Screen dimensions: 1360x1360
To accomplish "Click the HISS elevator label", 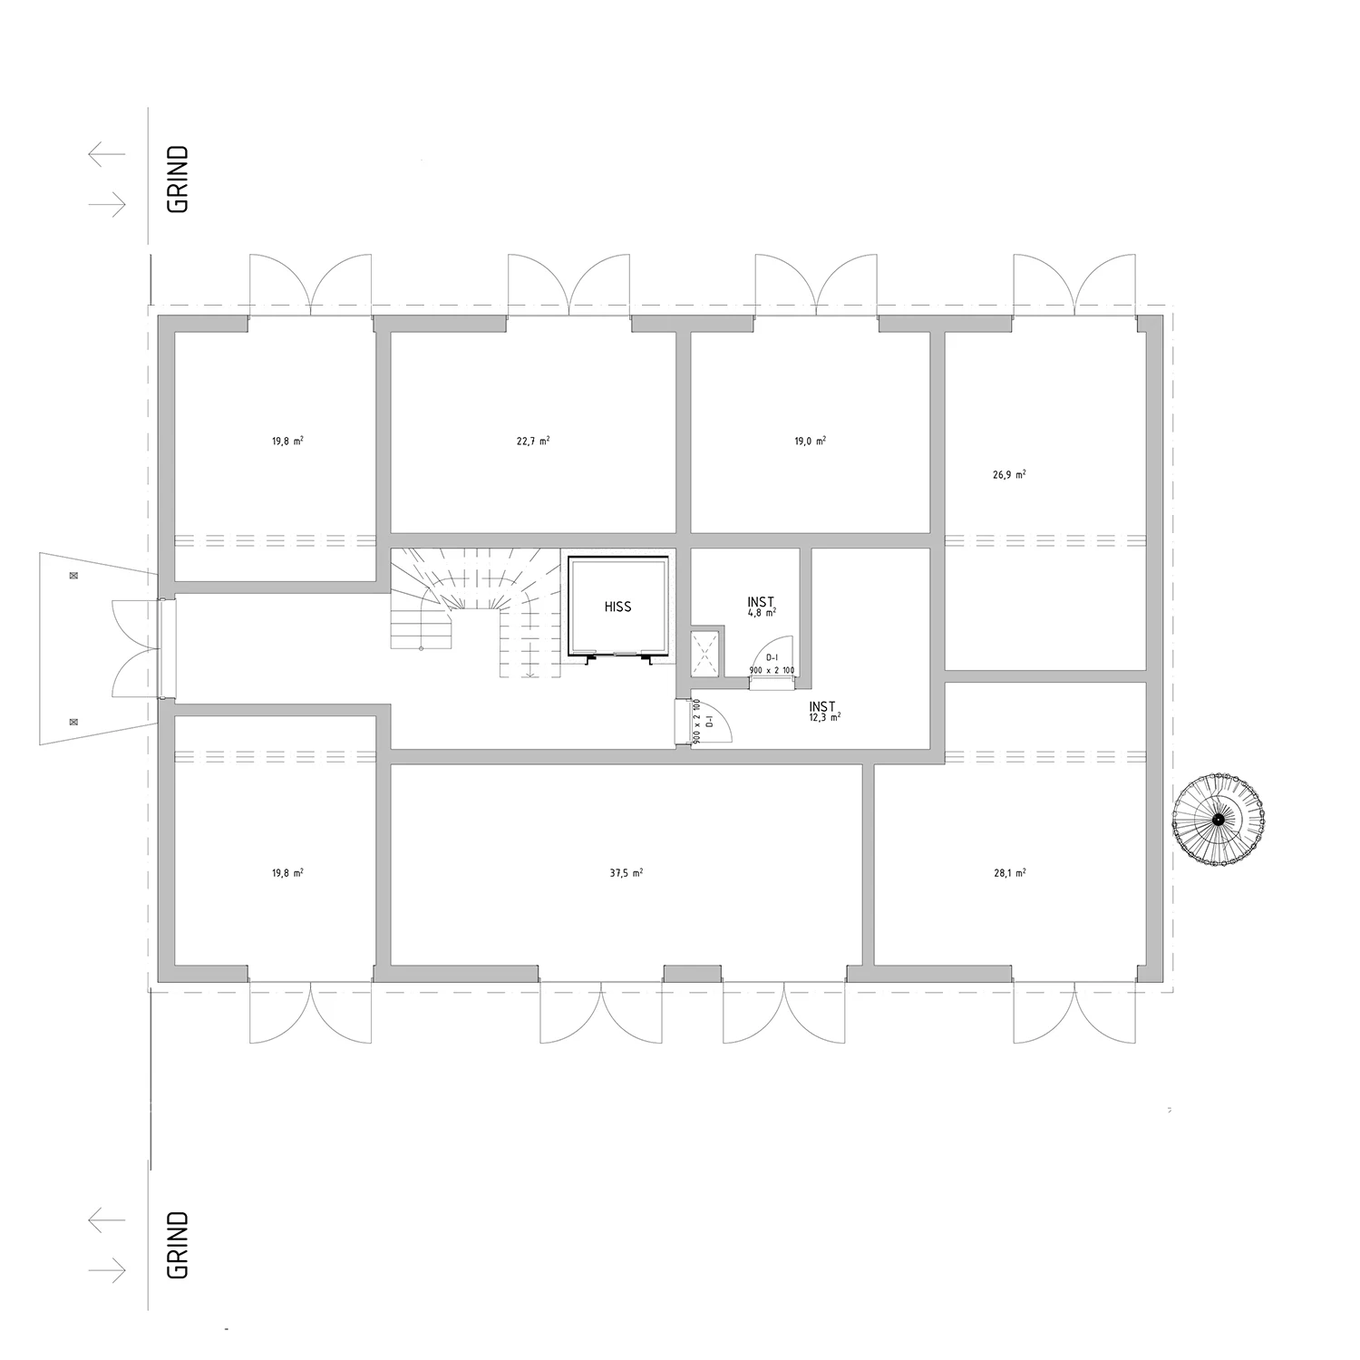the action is pos(617,607).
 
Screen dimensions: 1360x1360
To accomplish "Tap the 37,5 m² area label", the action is pos(627,873).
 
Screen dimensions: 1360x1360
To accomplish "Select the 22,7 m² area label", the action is pos(533,442).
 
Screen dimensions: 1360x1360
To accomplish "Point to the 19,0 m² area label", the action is pos(810,442).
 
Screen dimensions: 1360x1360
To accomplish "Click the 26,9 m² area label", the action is pos(1009,474).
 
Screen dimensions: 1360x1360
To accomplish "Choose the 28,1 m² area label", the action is pos(1009,873).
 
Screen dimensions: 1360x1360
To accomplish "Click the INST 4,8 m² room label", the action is pos(762,607).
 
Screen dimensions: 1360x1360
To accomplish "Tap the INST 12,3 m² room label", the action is pos(824,710).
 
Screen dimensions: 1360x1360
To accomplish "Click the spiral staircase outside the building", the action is pos(1218,820).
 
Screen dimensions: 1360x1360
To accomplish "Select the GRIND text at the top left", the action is pos(179,179).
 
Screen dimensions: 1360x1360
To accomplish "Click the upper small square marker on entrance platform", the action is pos(73,576).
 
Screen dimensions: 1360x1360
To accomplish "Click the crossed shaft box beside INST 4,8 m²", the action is pos(705,653).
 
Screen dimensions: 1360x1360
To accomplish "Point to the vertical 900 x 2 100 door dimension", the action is pos(696,722).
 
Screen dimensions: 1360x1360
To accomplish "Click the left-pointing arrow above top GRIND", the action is pos(107,154).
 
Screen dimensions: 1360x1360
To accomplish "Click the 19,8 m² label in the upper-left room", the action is pos(287,442).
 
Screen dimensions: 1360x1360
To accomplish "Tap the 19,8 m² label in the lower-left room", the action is pos(287,873).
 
